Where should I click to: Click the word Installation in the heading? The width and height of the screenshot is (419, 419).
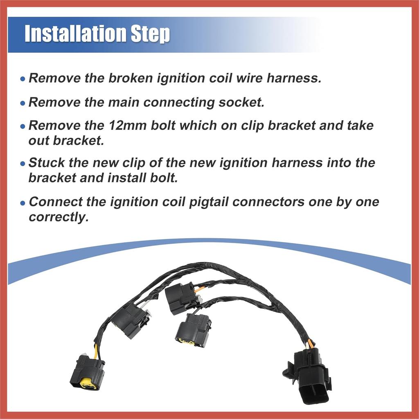pos(73,34)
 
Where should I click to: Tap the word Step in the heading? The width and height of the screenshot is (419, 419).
pos(148,34)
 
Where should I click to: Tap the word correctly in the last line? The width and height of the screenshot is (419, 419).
pos(59,217)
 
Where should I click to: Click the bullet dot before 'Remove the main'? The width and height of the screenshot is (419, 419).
pos(23,103)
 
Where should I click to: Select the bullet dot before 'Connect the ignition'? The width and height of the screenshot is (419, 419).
pos(23,203)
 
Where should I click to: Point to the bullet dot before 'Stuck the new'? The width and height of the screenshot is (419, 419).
pos(23,164)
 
